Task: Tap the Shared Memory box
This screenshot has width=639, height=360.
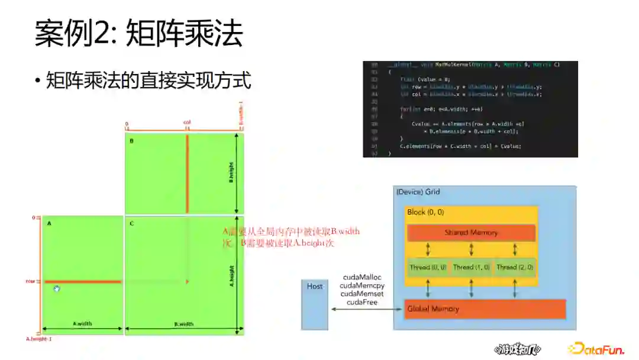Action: pyautogui.click(x=471, y=233)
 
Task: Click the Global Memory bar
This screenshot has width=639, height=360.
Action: pyautogui.click(x=485, y=308)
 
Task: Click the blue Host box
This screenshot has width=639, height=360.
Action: pyautogui.click(x=314, y=304)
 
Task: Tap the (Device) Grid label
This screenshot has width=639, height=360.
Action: pyautogui.click(x=418, y=192)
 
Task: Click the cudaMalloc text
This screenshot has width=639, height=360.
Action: pyautogui.click(x=362, y=277)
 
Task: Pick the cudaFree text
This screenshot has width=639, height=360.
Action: pyautogui.click(x=362, y=302)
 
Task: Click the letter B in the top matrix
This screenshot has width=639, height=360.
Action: pyautogui.click(x=131, y=141)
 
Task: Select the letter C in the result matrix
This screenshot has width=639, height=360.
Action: pyautogui.click(x=131, y=223)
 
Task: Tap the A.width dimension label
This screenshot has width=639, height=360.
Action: pyautogui.click(x=82, y=324)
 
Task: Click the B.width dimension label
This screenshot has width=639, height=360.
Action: pyautogui.click(x=184, y=324)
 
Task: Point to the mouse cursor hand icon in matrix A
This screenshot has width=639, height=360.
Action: pyautogui.click(x=57, y=288)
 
